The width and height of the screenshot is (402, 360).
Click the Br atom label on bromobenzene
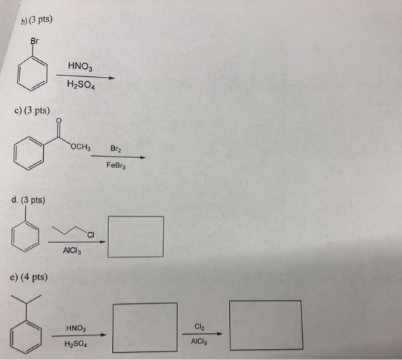point(34,41)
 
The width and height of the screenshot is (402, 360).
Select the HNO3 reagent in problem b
point(80,66)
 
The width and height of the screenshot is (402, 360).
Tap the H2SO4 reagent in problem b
point(81,84)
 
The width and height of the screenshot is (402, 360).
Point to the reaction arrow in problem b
point(85,76)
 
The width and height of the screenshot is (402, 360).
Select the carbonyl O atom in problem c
point(59,120)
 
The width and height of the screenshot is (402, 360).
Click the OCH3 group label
point(80,147)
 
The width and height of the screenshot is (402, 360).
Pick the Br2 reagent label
point(116,149)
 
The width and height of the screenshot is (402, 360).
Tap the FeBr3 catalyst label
point(116,165)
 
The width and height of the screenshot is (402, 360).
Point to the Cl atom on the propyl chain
point(90,234)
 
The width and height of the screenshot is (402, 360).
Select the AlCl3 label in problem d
point(72,251)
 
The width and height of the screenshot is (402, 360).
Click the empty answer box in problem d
point(108,236)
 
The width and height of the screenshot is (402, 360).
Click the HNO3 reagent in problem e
point(76,328)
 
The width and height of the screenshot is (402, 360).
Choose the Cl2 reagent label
point(200,327)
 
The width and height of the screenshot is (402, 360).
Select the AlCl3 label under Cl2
point(199,341)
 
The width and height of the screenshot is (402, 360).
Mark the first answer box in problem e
point(113,328)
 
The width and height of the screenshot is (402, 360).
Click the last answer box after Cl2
point(230,325)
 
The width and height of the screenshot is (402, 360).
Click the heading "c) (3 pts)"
point(32,111)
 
